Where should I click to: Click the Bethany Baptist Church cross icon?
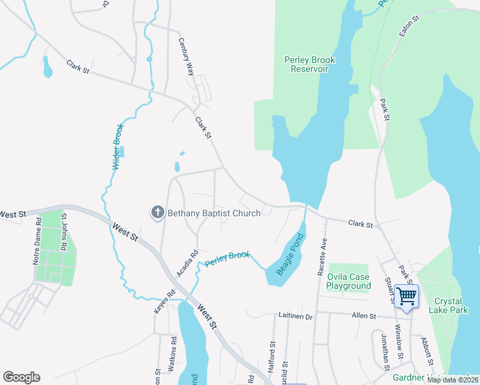pyautogui.click(x=158, y=213)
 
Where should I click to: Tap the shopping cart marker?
pyautogui.click(x=406, y=296)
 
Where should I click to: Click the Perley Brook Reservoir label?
pyautogui.click(x=310, y=64)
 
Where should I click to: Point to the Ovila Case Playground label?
pyautogui.click(x=350, y=281)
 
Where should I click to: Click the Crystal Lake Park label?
pyautogui.click(x=455, y=305)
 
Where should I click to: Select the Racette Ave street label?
pyautogui.click(x=322, y=256)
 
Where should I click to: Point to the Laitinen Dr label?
pyautogui.click(x=295, y=316)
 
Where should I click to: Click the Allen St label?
pyautogui.click(x=364, y=316)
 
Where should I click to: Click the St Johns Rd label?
pyautogui.click(x=64, y=228)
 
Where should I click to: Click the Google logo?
pyautogui.click(x=21, y=377)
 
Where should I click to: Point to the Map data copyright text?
pyautogui.click(x=452, y=380)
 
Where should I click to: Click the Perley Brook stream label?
pyautogui.click(x=227, y=258)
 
